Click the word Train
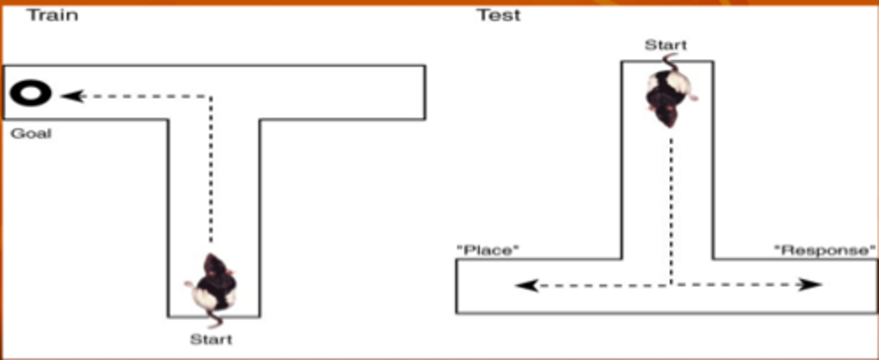pyautogui.click(x=52, y=15)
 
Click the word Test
pyautogui.click(x=499, y=15)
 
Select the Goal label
pyautogui.click(x=31, y=134)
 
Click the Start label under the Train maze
pyautogui.click(x=211, y=339)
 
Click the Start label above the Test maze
pyautogui.click(x=665, y=45)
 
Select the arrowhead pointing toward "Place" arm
pyautogui.click(x=526, y=285)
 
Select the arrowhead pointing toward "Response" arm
pyautogui.click(x=811, y=284)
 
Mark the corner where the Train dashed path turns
pyautogui.click(x=211, y=96)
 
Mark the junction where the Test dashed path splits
pyautogui.click(x=671, y=284)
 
